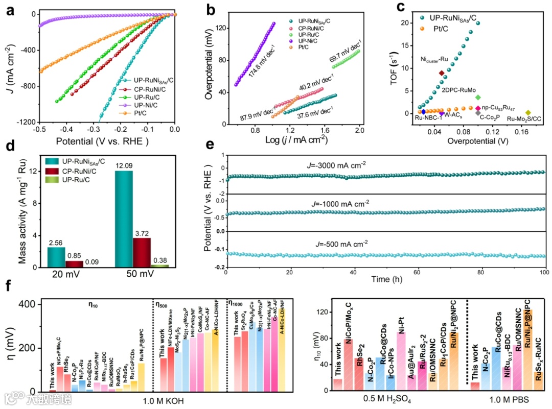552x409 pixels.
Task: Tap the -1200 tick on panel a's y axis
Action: click(26, 123)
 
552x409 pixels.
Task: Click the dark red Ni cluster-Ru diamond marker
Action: click(442, 73)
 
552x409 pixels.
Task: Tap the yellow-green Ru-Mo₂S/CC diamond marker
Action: click(528, 113)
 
